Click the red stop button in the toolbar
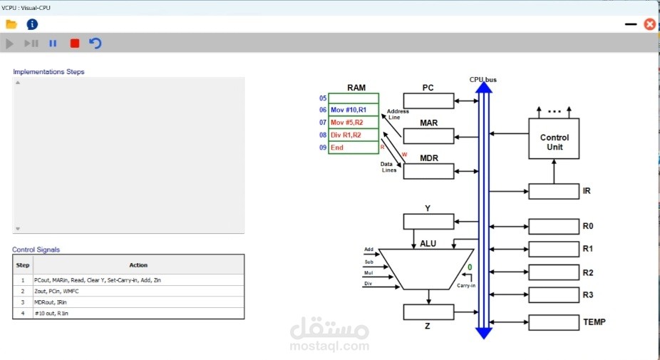(x=75, y=43)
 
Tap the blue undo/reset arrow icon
(x=96, y=43)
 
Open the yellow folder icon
(x=11, y=24)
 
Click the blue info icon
(x=32, y=24)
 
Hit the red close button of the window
(x=650, y=24)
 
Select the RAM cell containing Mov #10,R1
(x=354, y=110)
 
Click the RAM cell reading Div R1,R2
(x=354, y=135)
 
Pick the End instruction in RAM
(x=354, y=148)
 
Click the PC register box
(x=428, y=101)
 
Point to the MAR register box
(x=428, y=136)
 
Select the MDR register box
(x=428, y=171)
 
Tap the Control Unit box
(x=554, y=138)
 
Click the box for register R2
(x=554, y=272)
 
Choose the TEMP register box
(x=554, y=322)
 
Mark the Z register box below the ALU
(x=428, y=312)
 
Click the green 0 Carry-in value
(x=470, y=267)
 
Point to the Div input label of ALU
(x=368, y=284)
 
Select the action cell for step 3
(x=138, y=302)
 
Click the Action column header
(x=138, y=265)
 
